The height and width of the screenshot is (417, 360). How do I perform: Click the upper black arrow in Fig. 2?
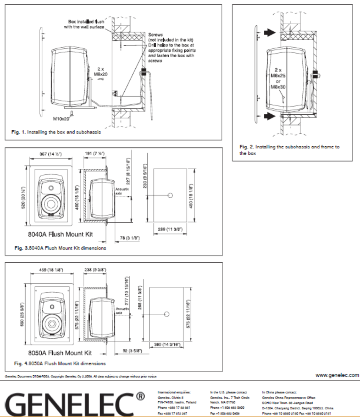point(269,32)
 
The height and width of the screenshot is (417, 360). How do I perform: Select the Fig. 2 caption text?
point(290,150)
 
